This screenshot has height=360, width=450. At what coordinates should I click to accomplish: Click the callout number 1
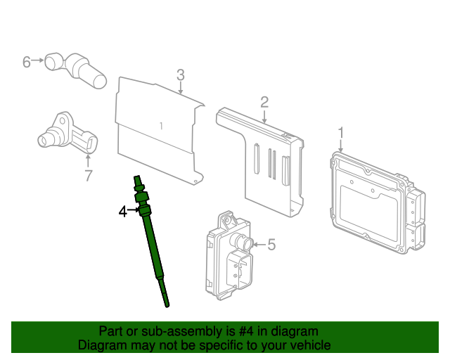pos(341,132)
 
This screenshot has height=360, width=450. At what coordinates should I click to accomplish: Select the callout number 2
pos(264,102)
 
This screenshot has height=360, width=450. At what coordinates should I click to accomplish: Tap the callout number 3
pos(180,75)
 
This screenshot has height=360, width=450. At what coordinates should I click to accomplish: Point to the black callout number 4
pos(122,211)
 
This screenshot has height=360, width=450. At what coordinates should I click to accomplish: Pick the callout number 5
pos(271,245)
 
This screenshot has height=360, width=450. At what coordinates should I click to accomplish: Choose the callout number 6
pos(27,62)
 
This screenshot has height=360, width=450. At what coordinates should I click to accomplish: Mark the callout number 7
pos(88,175)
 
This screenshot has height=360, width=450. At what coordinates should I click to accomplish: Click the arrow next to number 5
pos(259,245)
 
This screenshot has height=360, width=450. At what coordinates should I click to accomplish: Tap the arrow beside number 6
pos(39,62)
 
